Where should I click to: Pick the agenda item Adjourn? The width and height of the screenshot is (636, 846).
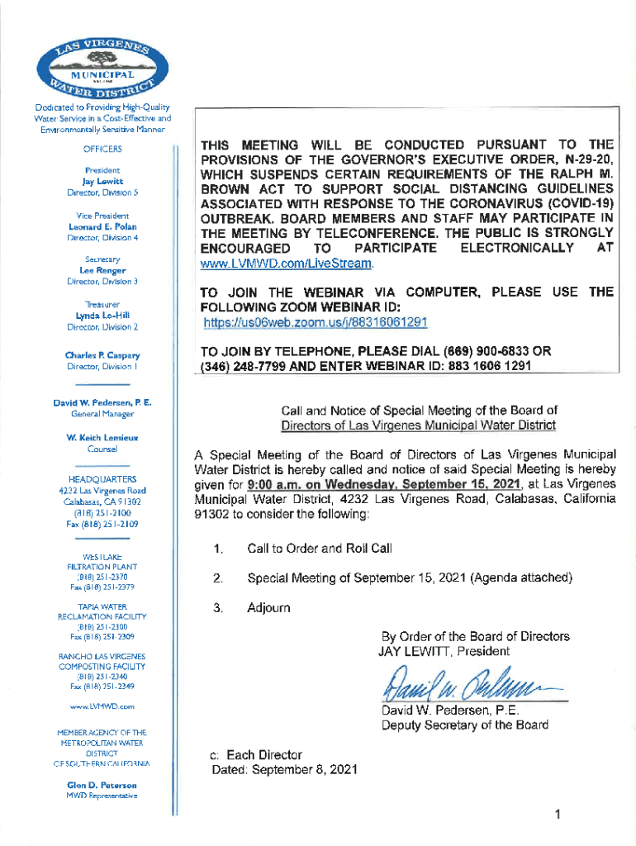[x=268, y=608]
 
